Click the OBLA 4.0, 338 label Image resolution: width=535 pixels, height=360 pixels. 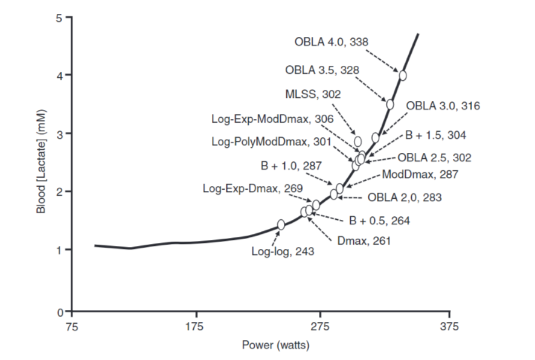331,42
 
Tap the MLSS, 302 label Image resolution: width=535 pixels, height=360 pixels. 312,94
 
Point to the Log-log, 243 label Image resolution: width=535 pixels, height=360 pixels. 283,252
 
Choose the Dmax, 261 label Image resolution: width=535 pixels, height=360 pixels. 364,240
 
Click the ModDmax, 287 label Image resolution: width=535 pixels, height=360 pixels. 420,175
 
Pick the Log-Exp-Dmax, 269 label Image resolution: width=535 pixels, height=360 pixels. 252,188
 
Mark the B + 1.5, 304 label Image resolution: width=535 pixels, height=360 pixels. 435,135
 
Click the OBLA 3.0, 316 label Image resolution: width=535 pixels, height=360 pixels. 443,106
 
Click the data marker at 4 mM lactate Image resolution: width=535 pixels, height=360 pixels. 403,76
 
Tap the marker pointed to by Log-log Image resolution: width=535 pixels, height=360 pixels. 281,225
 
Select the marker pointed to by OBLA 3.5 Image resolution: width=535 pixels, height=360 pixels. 390,104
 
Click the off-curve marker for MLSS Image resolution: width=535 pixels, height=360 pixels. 357,141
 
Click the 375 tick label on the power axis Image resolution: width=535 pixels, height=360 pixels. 449,327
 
